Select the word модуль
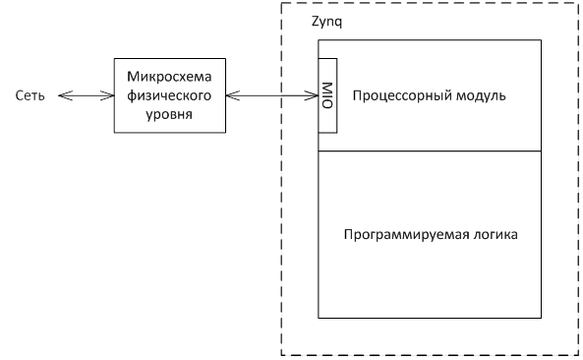(x=477, y=95)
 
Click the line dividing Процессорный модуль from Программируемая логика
(x=430, y=150)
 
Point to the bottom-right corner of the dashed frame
(x=578, y=354)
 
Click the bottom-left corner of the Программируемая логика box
(x=318, y=318)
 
